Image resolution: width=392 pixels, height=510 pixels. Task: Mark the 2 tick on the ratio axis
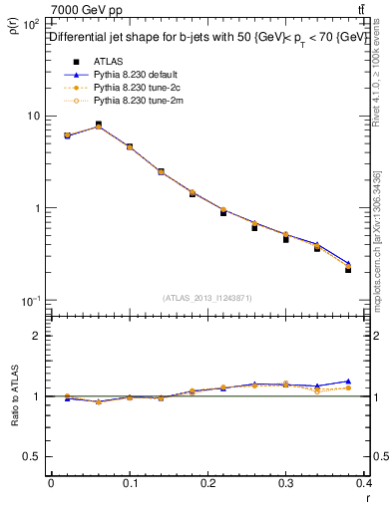(36, 336)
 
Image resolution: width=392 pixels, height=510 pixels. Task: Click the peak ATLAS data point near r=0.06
(98, 125)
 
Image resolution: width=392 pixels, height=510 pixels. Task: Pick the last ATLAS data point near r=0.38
(348, 269)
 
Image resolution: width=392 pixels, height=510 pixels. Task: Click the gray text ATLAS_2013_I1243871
(207, 298)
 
